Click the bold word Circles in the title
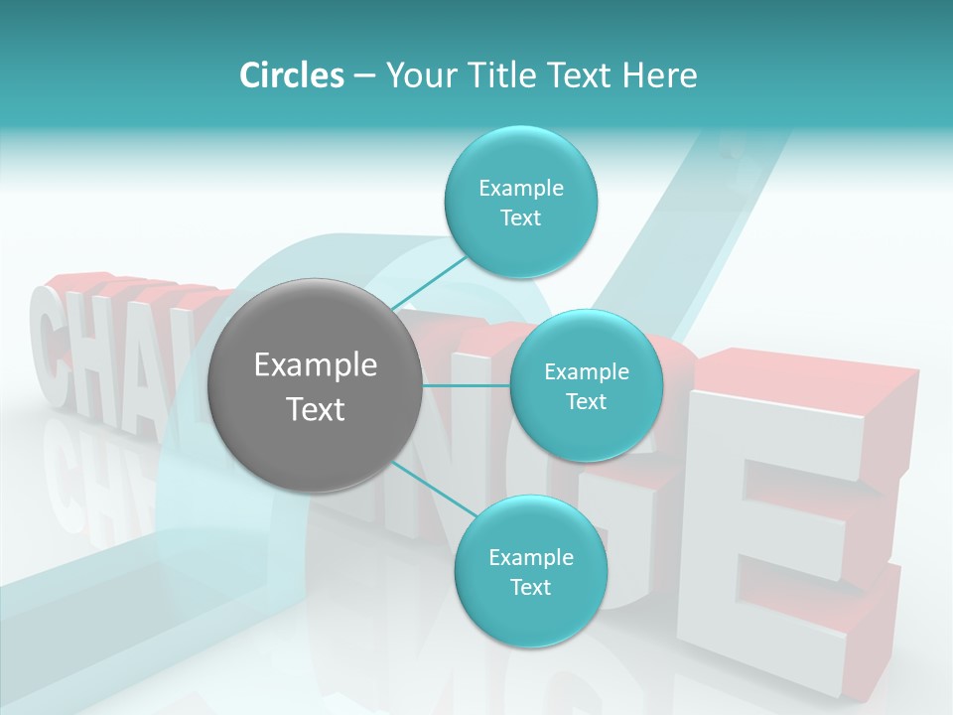(291, 75)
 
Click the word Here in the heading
(661, 75)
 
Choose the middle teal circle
(586, 437)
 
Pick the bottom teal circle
(530, 616)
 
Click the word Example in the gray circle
(316, 365)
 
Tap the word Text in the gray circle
(316, 409)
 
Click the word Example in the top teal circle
(520, 188)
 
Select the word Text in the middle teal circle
(586, 402)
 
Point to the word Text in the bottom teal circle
(530, 588)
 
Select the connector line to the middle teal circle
(467, 385)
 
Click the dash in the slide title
(364, 76)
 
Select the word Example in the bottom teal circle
(530, 557)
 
